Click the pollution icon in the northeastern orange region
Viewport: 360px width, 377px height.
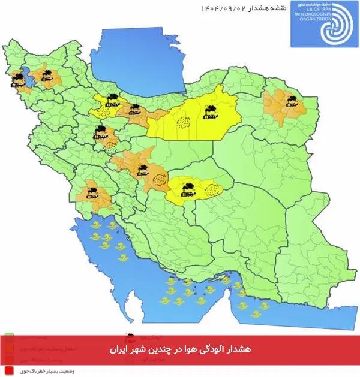pos(291,101)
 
